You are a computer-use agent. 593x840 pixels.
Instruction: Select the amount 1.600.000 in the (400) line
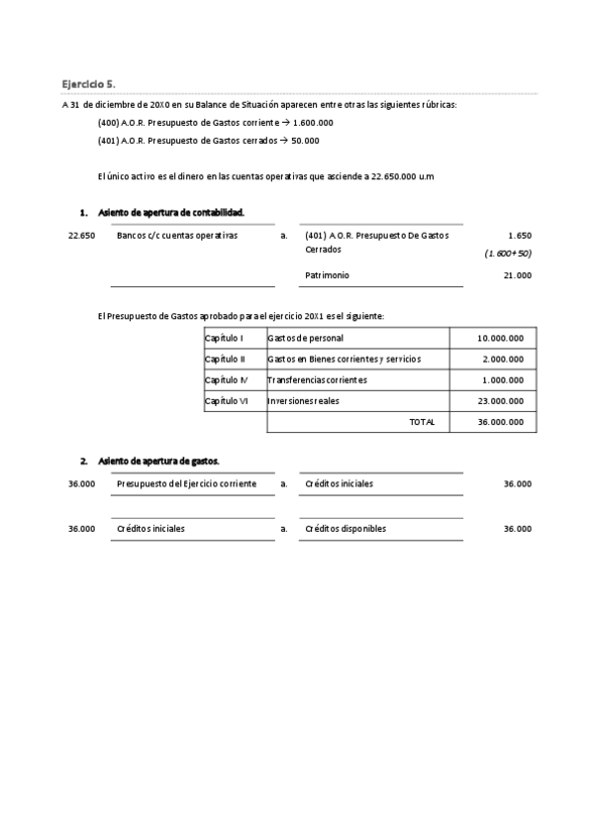pos(313,123)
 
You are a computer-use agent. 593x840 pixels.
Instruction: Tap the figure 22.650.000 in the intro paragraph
pos(394,176)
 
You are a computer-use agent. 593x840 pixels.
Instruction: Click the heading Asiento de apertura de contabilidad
pos(171,213)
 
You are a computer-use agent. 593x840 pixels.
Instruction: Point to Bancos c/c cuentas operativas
pos(177,236)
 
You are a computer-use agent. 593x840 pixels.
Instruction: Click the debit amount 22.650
pos(81,236)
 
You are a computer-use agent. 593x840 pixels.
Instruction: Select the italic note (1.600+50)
pos(508,254)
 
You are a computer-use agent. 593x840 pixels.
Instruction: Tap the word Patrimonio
pos(327,275)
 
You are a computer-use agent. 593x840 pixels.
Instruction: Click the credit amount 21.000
pos(517,275)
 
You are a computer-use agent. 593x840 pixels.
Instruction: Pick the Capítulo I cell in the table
pos(225,339)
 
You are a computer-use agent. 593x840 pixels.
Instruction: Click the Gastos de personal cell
pos(306,339)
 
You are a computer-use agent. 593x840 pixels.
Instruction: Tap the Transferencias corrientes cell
pos(317,379)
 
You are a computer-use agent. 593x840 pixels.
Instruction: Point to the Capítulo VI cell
pos(227,400)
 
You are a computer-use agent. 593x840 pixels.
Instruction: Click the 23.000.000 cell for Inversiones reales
pos(500,400)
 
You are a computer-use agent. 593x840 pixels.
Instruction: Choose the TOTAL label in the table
pos(422,422)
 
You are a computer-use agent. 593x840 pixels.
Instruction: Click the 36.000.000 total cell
pos(500,422)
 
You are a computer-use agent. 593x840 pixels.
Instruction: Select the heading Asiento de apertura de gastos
pos(158,461)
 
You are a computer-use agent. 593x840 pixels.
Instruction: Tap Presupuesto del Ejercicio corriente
pos(186,483)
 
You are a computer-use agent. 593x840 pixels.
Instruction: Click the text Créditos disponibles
pos(346,529)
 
